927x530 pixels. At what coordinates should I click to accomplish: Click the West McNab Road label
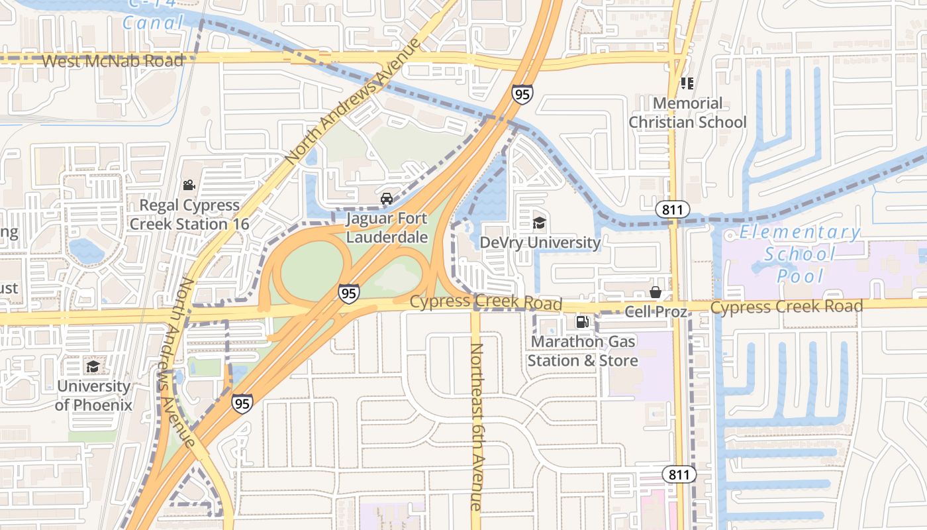tap(113, 61)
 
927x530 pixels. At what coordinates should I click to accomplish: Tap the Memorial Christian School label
tap(687, 113)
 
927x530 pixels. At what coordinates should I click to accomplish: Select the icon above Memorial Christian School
tap(687, 83)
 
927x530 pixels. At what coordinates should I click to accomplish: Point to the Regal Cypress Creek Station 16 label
tap(189, 215)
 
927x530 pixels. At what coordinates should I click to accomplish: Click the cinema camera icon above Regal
tap(189, 185)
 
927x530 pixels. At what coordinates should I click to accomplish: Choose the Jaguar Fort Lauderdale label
tap(387, 227)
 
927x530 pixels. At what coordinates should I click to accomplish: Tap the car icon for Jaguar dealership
tap(387, 199)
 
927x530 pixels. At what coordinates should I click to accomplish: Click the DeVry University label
tap(540, 242)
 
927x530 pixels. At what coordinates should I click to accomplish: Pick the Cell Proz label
tap(656, 311)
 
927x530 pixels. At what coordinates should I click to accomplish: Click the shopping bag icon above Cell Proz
tap(656, 292)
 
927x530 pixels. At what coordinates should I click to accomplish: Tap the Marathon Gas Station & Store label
tap(583, 351)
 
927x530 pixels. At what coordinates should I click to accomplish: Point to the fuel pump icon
tap(582, 323)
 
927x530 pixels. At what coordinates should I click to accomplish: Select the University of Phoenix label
tap(93, 396)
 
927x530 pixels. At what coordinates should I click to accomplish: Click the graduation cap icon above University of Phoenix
tap(93, 367)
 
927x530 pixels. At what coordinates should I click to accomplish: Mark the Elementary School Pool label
tap(800, 254)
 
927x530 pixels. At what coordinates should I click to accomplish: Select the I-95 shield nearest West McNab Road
tap(522, 94)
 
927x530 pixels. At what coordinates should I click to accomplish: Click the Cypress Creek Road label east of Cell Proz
tap(787, 307)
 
